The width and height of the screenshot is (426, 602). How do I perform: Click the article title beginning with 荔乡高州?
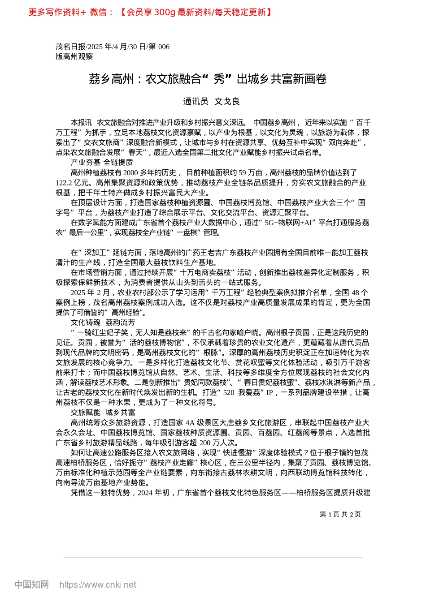(x=208, y=79)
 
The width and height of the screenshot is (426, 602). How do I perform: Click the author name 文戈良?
(x=227, y=102)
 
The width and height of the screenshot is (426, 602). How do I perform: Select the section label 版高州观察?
(x=74, y=56)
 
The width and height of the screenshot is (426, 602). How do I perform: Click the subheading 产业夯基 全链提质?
(x=101, y=162)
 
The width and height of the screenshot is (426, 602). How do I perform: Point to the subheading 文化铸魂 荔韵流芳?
(x=103, y=322)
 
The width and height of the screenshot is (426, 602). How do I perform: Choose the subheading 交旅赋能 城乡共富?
(x=103, y=413)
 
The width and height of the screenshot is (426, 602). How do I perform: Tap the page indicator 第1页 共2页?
(x=340, y=515)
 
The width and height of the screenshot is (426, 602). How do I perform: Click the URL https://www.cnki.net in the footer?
(x=98, y=585)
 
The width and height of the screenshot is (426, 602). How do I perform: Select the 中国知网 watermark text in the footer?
(x=31, y=585)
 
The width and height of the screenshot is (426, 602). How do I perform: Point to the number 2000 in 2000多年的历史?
(x=130, y=172)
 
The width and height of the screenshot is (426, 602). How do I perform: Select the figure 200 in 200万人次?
(x=205, y=443)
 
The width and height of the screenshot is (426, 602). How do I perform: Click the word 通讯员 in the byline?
(x=196, y=102)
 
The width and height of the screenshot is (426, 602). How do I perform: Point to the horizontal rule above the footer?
(x=213, y=558)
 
